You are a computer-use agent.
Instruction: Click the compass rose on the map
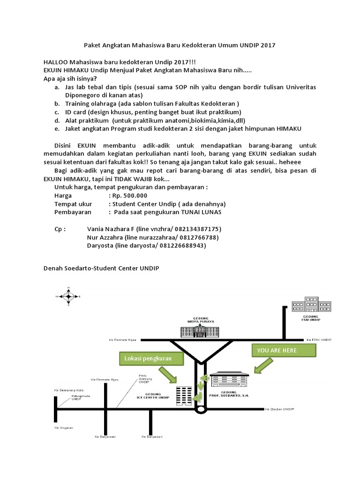[x=69, y=296]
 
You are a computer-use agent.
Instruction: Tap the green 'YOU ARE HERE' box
[x=277, y=350]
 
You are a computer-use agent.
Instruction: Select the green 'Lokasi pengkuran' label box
[x=148, y=359]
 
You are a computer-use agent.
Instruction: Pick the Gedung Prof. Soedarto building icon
[x=230, y=380]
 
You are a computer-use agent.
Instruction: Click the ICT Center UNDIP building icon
[x=183, y=396]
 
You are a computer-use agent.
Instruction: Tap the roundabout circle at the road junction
[x=200, y=409]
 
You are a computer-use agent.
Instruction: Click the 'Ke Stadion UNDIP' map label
[x=279, y=409]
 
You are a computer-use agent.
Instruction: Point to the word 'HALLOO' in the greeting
[x=57, y=62]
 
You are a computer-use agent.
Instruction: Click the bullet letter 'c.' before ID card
[x=56, y=112]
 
